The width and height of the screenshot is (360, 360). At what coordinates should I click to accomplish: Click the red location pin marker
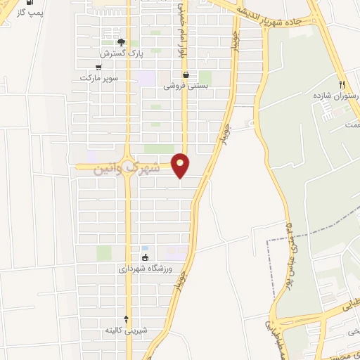(181, 165)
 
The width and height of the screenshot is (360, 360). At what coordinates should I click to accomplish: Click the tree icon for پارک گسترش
(111, 42)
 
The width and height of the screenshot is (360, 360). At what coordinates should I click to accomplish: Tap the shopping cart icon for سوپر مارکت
(98, 67)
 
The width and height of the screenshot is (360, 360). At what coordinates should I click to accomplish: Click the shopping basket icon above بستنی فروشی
(185, 75)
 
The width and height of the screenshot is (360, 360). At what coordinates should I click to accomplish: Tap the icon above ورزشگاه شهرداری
(145, 257)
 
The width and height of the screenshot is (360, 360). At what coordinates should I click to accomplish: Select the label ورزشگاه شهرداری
(145, 269)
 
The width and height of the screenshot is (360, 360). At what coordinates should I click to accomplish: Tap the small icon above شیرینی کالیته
(127, 319)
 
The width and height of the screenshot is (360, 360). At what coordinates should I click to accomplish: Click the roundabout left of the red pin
(128, 167)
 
